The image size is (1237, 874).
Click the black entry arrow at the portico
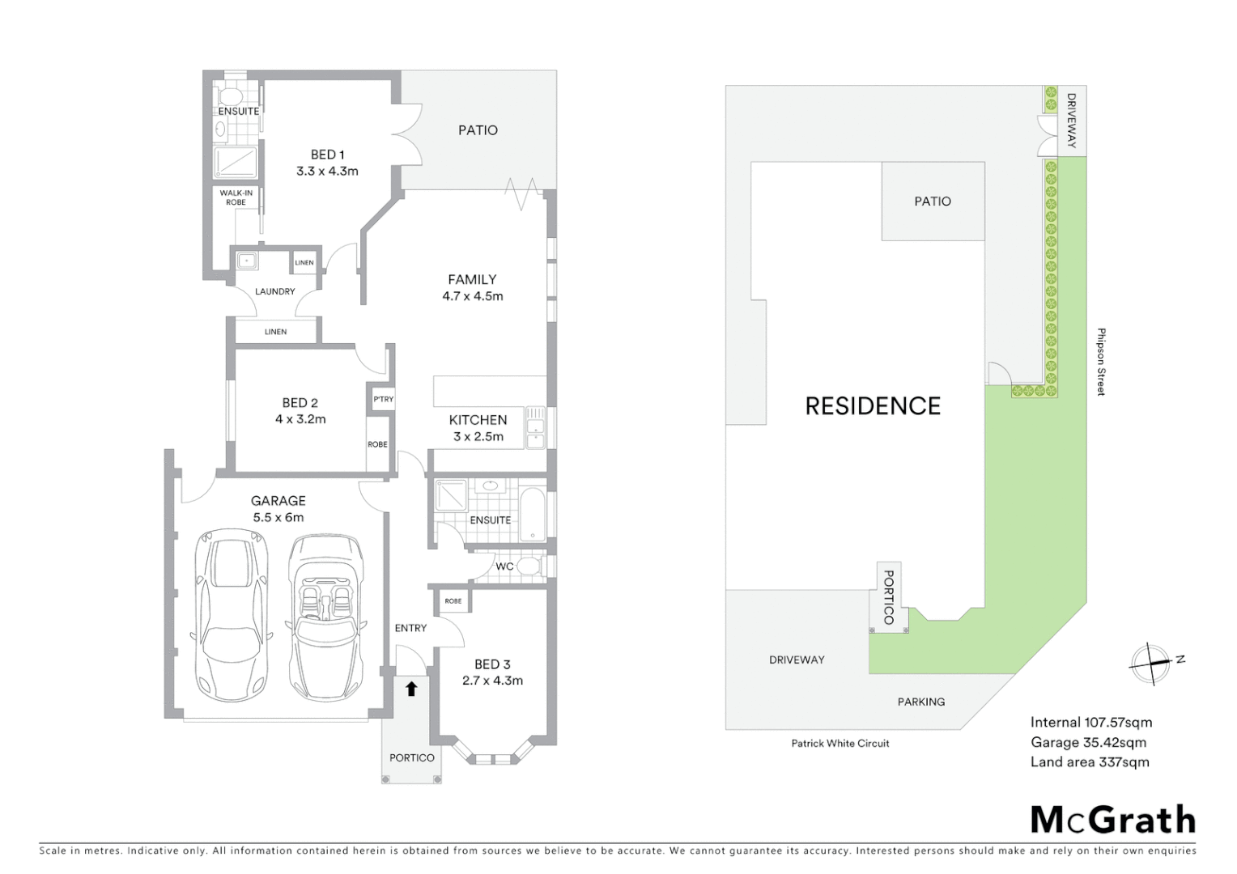[x=411, y=689]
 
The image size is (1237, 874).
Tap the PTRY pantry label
[x=383, y=399]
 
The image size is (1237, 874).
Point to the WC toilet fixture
[x=528, y=566]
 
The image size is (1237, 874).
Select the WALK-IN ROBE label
[x=236, y=197]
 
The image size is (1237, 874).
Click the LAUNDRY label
[x=274, y=291]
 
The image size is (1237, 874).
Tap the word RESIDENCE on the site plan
[x=873, y=406]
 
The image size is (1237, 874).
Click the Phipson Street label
[x=1101, y=362]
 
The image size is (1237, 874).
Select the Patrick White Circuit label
[x=840, y=743]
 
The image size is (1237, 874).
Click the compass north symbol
[x=1152, y=663]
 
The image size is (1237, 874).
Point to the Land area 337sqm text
[x=1089, y=762]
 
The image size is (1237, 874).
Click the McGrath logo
[x=1112, y=820]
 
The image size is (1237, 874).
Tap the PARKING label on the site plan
[x=920, y=702]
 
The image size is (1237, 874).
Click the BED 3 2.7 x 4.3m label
[x=492, y=672]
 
